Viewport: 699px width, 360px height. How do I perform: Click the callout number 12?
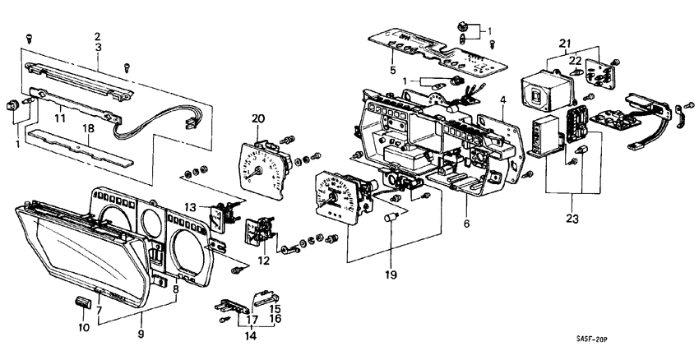click(x=264, y=260)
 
